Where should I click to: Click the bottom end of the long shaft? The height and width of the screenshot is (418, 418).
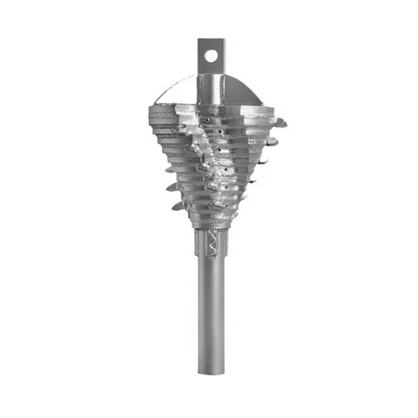point(211,369)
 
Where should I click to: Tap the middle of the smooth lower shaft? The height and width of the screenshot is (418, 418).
point(211,313)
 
